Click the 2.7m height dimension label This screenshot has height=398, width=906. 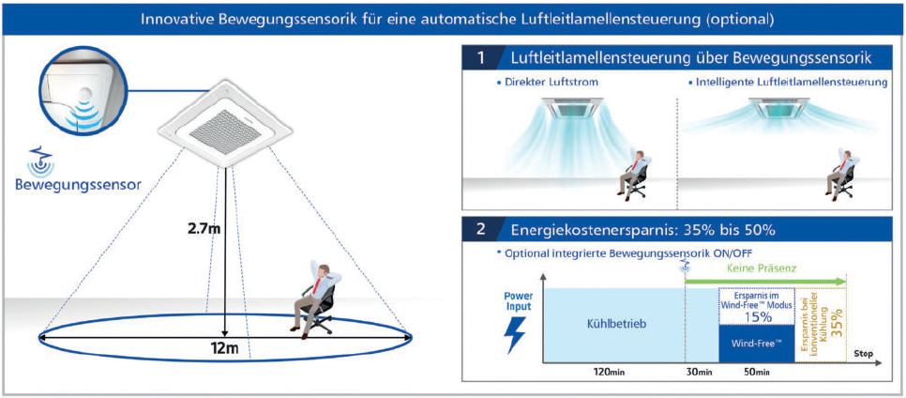click(203, 229)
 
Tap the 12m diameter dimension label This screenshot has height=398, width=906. click(223, 349)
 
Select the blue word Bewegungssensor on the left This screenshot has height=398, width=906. click(79, 186)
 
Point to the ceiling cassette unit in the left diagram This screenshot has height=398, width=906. click(225, 123)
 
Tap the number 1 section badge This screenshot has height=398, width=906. click(481, 58)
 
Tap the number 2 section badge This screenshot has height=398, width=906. click(481, 230)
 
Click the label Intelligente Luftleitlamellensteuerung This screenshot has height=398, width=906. click(788, 83)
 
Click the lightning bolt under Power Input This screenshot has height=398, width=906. click(515, 335)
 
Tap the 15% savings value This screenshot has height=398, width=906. click(758, 317)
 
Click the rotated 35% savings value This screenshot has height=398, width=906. click(836, 322)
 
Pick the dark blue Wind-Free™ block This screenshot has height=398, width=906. click(756, 344)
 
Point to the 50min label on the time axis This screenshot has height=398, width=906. click(755, 372)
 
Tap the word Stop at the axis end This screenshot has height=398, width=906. click(863, 354)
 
